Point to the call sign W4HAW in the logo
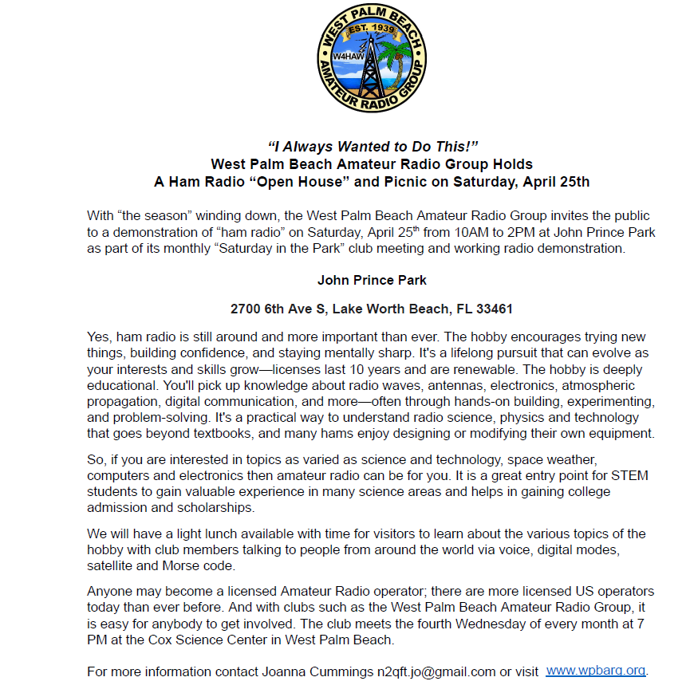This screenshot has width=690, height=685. (345, 57)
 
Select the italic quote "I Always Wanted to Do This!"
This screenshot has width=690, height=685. (373, 147)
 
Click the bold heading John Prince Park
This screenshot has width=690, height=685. (372, 280)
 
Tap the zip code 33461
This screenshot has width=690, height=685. (494, 309)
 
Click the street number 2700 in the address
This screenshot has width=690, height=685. (246, 309)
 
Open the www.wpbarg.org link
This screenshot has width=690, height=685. (596, 671)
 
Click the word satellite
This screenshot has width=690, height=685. (112, 567)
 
